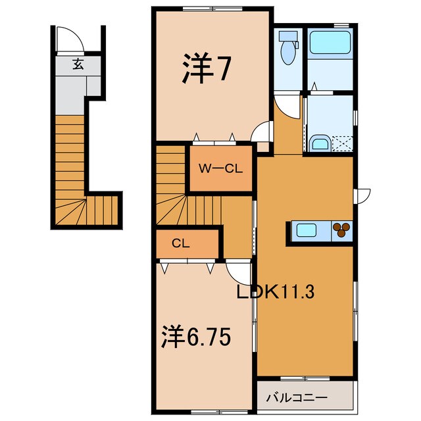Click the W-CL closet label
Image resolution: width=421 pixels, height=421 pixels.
coord(222,168)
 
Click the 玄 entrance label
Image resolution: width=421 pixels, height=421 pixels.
coord(78,64)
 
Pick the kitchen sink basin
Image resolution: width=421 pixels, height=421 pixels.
coord(307,230)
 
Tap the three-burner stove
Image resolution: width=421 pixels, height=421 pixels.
coord(341,230)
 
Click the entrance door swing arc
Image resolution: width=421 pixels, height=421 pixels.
coord(68,41)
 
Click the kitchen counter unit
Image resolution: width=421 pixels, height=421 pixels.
coord(320,231)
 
